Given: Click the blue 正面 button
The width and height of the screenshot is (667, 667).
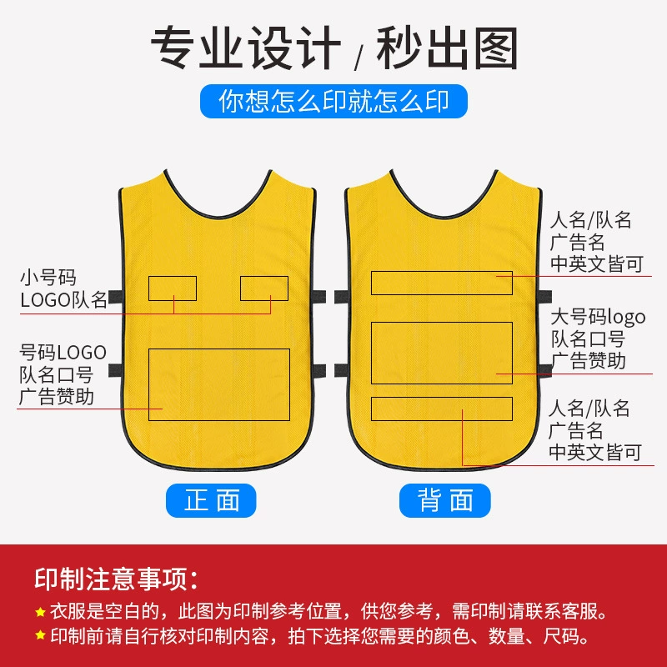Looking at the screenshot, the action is (x=211, y=500).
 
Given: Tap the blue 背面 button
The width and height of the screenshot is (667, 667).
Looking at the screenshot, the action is (x=445, y=500).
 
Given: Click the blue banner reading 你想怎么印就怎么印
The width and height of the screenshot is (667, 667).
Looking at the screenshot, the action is (x=334, y=101).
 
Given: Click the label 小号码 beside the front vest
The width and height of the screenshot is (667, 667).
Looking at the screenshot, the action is (x=48, y=278).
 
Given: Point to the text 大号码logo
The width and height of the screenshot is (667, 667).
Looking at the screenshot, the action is (x=598, y=317).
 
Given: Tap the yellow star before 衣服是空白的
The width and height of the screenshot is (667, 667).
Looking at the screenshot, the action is (x=40, y=612).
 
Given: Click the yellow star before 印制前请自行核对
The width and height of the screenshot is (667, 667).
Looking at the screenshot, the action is (x=40, y=636).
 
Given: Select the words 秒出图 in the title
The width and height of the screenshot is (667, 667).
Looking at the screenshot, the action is (x=447, y=48).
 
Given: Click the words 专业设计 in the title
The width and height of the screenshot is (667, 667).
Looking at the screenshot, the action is (x=246, y=48).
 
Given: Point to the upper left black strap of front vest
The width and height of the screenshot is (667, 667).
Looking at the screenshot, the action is (x=116, y=297).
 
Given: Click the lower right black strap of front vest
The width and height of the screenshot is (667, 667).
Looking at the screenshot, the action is (x=318, y=370).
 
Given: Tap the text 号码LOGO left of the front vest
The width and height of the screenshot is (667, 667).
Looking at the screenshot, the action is (x=63, y=353).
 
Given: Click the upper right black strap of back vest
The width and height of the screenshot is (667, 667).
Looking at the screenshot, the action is (x=545, y=297).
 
